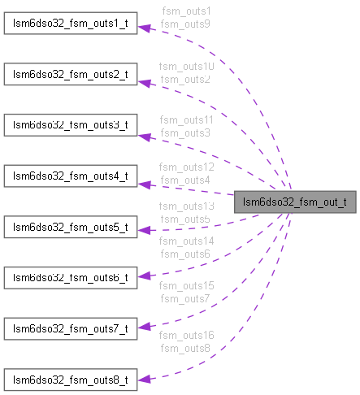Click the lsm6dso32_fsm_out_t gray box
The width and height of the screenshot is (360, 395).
pyautogui.click(x=295, y=201)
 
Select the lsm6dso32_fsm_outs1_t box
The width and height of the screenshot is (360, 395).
pyautogui.click(x=69, y=24)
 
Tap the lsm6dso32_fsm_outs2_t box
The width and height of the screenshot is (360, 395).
pyautogui.click(x=69, y=75)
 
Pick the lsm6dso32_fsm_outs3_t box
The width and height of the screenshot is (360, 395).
pyautogui.click(x=69, y=125)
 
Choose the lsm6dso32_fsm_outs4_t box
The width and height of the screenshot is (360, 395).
pyautogui.click(x=69, y=176)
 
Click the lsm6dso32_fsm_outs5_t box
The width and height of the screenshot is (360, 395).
pyautogui.click(x=69, y=226)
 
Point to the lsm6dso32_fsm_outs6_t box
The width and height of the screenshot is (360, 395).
pyautogui.click(x=69, y=277)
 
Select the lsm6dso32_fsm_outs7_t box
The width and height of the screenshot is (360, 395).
pyautogui.click(x=69, y=328)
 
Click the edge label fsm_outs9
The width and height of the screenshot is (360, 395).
pyautogui.click(x=185, y=24)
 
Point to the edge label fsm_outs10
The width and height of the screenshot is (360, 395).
pyautogui.click(x=186, y=66)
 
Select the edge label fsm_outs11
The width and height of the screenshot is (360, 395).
pyautogui.click(x=186, y=119)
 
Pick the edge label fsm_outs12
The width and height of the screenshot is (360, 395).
pyautogui.click(x=186, y=167)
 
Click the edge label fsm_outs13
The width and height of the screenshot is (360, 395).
pyautogui.click(x=186, y=206)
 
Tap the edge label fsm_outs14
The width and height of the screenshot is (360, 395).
pyautogui.click(x=186, y=241)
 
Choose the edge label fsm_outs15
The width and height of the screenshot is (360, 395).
pyautogui.click(x=186, y=287)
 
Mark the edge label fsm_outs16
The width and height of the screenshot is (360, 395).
pyautogui.click(x=186, y=335)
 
